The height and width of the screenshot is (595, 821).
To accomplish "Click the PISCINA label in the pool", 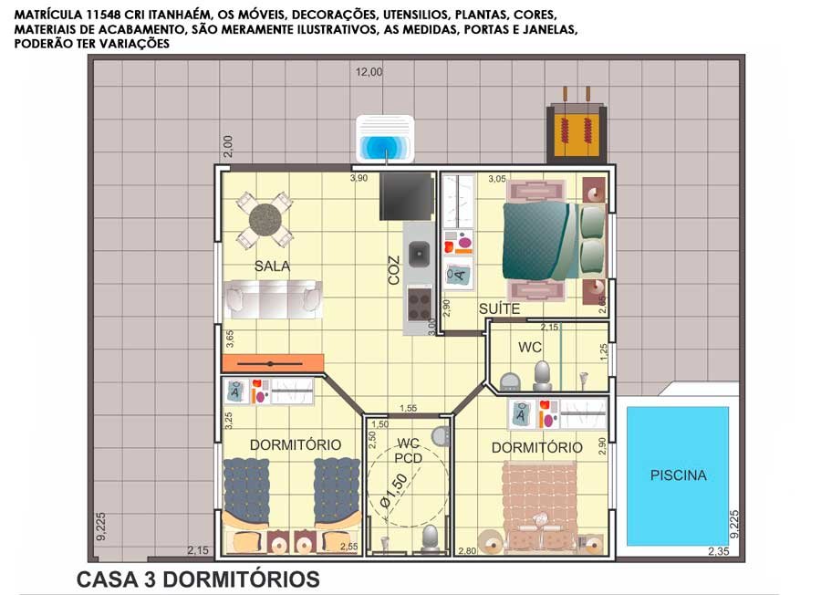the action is (678, 475).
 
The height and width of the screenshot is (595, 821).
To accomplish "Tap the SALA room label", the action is (272, 266).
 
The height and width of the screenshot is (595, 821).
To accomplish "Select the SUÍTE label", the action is (499, 309).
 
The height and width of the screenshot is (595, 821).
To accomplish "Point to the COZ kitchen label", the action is (394, 270).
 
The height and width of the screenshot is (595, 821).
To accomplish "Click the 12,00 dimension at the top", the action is (369, 72).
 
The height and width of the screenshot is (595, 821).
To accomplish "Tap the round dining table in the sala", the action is (265, 220).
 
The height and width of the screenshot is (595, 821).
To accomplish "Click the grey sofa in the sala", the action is (273, 299).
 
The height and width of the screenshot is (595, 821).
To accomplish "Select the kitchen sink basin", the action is (419, 254).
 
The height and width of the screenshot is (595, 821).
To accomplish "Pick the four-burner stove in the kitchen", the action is (420, 303).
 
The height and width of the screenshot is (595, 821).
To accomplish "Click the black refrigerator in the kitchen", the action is (407, 196).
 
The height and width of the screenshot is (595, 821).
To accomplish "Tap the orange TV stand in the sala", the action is (273, 363).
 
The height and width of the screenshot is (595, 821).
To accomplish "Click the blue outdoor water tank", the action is (385, 140).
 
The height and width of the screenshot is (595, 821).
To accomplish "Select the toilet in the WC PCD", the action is (430, 538).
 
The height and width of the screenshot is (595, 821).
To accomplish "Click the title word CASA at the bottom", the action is (107, 579).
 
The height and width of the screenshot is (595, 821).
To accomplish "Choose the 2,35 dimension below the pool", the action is (719, 551).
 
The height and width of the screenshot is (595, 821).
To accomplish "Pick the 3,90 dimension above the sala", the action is (359, 178).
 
